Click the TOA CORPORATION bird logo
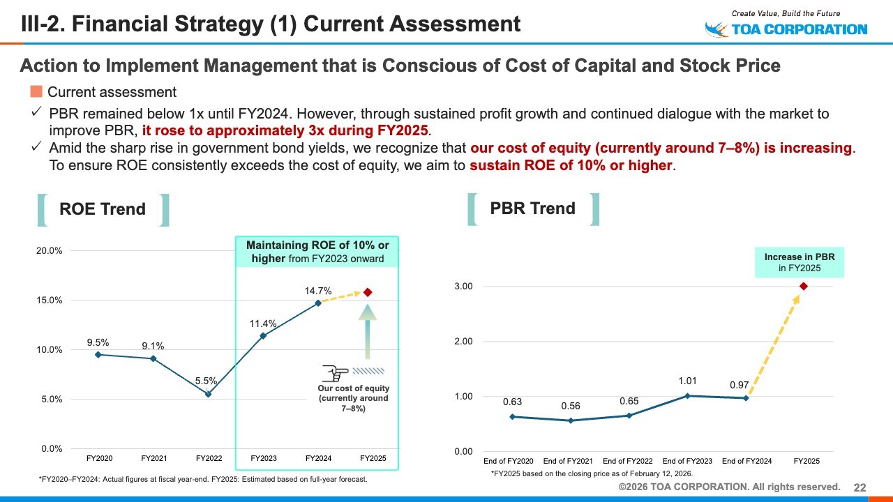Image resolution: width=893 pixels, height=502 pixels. [x=716, y=29]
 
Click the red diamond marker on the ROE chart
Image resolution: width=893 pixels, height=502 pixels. [x=368, y=292]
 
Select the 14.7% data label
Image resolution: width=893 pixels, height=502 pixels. [x=318, y=291]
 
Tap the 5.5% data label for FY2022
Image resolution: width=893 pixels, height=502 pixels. [x=207, y=381]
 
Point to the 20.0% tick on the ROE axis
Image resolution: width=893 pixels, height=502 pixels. [x=50, y=250]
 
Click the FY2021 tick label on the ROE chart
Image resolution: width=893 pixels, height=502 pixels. [x=153, y=458]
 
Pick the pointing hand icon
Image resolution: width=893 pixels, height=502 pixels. [x=336, y=372]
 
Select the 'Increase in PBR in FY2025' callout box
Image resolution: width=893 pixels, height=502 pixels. [x=800, y=262]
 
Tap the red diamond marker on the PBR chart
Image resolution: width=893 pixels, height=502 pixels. [x=804, y=286]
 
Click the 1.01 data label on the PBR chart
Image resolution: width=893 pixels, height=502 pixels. [x=687, y=381]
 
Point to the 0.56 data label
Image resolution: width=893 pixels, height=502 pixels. [x=570, y=406]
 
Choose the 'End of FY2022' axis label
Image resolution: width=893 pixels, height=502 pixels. [x=628, y=462]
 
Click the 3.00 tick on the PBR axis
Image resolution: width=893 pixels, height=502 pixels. [x=463, y=287]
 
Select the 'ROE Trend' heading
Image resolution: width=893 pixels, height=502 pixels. [x=103, y=209]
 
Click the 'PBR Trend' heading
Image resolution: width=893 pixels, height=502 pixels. [x=533, y=208]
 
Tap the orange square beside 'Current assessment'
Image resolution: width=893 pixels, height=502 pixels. [x=36, y=91]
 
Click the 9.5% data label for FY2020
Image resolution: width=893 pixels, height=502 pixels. [x=98, y=342]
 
